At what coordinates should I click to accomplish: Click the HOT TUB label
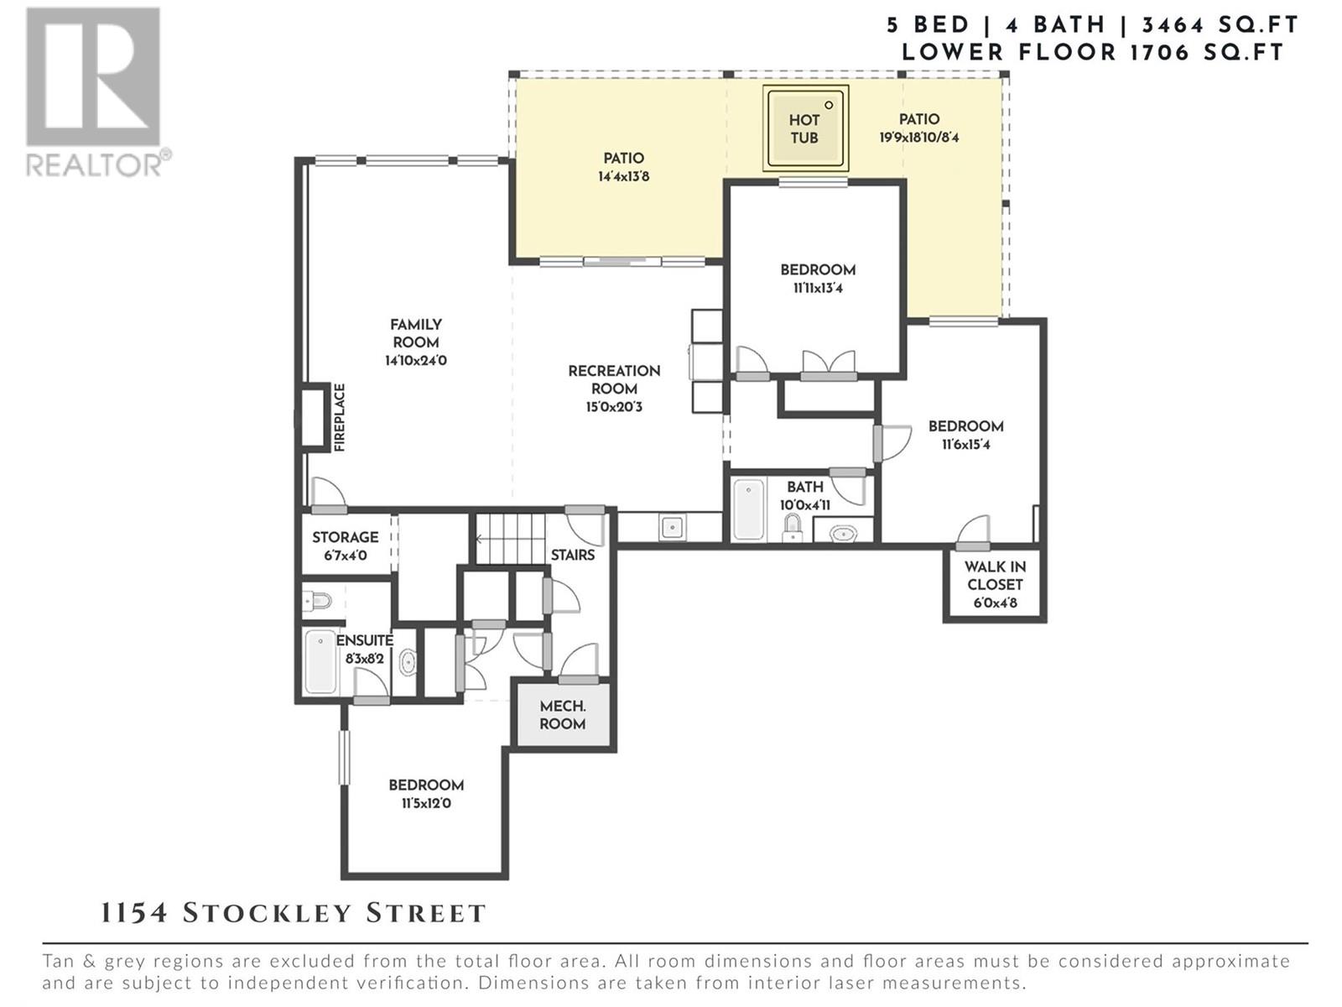(804, 129)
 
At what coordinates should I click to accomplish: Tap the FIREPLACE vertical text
(340, 418)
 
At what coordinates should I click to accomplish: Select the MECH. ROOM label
(563, 715)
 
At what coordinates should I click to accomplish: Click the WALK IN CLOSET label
(995, 585)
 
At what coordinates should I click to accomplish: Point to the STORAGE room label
(346, 537)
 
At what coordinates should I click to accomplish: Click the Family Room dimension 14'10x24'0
(416, 361)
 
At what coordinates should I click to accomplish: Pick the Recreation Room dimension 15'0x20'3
(614, 407)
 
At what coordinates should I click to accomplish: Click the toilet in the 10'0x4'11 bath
(793, 528)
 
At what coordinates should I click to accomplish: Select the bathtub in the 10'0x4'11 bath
(749, 510)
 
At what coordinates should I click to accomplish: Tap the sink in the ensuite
(407, 662)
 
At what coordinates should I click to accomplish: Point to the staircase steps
(511, 539)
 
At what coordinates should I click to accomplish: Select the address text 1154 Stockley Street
(293, 914)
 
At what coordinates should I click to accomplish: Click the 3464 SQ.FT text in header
(1220, 25)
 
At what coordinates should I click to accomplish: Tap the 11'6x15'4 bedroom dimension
(965, 445)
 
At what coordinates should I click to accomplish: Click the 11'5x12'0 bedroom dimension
(426, 803)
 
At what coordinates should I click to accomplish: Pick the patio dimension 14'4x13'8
(624, 177)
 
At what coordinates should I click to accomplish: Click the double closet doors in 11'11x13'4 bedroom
(829, 364)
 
